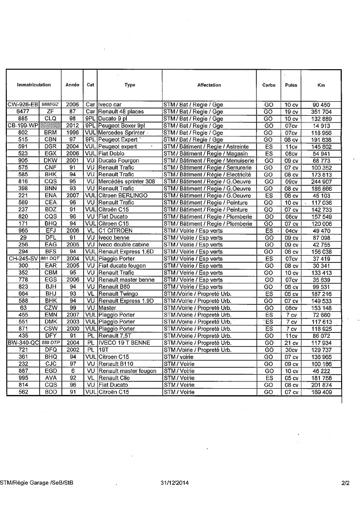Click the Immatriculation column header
(34, 85)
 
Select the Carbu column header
(269, 85)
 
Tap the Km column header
(321, 85)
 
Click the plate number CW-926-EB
(22, 105)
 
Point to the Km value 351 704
(322, 112)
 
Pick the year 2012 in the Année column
(73, 126)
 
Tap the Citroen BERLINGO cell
(123, 196)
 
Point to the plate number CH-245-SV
(23, 258)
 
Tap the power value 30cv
(290, 349)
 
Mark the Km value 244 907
(322, 182)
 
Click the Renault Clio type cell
(112, 378)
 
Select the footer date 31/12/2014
(174, 483)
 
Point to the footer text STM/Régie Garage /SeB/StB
(37, 483)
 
